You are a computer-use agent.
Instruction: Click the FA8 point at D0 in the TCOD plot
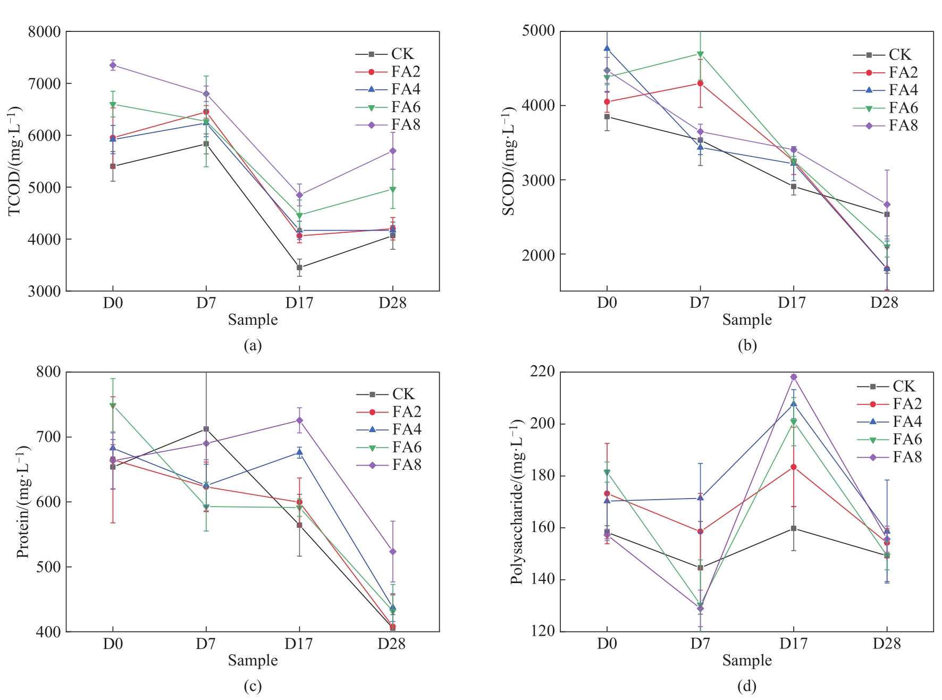click(113, 65)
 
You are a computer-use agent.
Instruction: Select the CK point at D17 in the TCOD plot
click(299, 267)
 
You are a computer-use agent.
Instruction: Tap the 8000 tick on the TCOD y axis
click(45, 32)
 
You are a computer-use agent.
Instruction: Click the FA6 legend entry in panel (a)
click(388, 107)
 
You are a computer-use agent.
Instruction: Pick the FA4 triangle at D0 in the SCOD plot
click(607, 48)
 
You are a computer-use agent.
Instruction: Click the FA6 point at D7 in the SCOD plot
click(700, 54)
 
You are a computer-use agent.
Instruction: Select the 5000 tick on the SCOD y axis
click(538, 31)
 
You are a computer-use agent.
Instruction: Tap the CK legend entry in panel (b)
click(882, 55)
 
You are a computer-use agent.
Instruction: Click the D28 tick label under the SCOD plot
click(884, 303)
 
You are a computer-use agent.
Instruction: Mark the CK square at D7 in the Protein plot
click(206, 429)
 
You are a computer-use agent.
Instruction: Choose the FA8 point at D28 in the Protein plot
click(393, 552)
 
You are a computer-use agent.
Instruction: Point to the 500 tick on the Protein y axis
click(49, 567)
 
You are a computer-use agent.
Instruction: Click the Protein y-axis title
click(22, 502)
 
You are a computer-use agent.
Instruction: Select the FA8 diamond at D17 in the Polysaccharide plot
click(794, 377)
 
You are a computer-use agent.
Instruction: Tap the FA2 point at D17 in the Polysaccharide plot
click(794, 467)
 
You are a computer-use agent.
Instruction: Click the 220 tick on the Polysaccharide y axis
click(543, 372)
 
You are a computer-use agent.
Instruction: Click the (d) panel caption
click(747, 686)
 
